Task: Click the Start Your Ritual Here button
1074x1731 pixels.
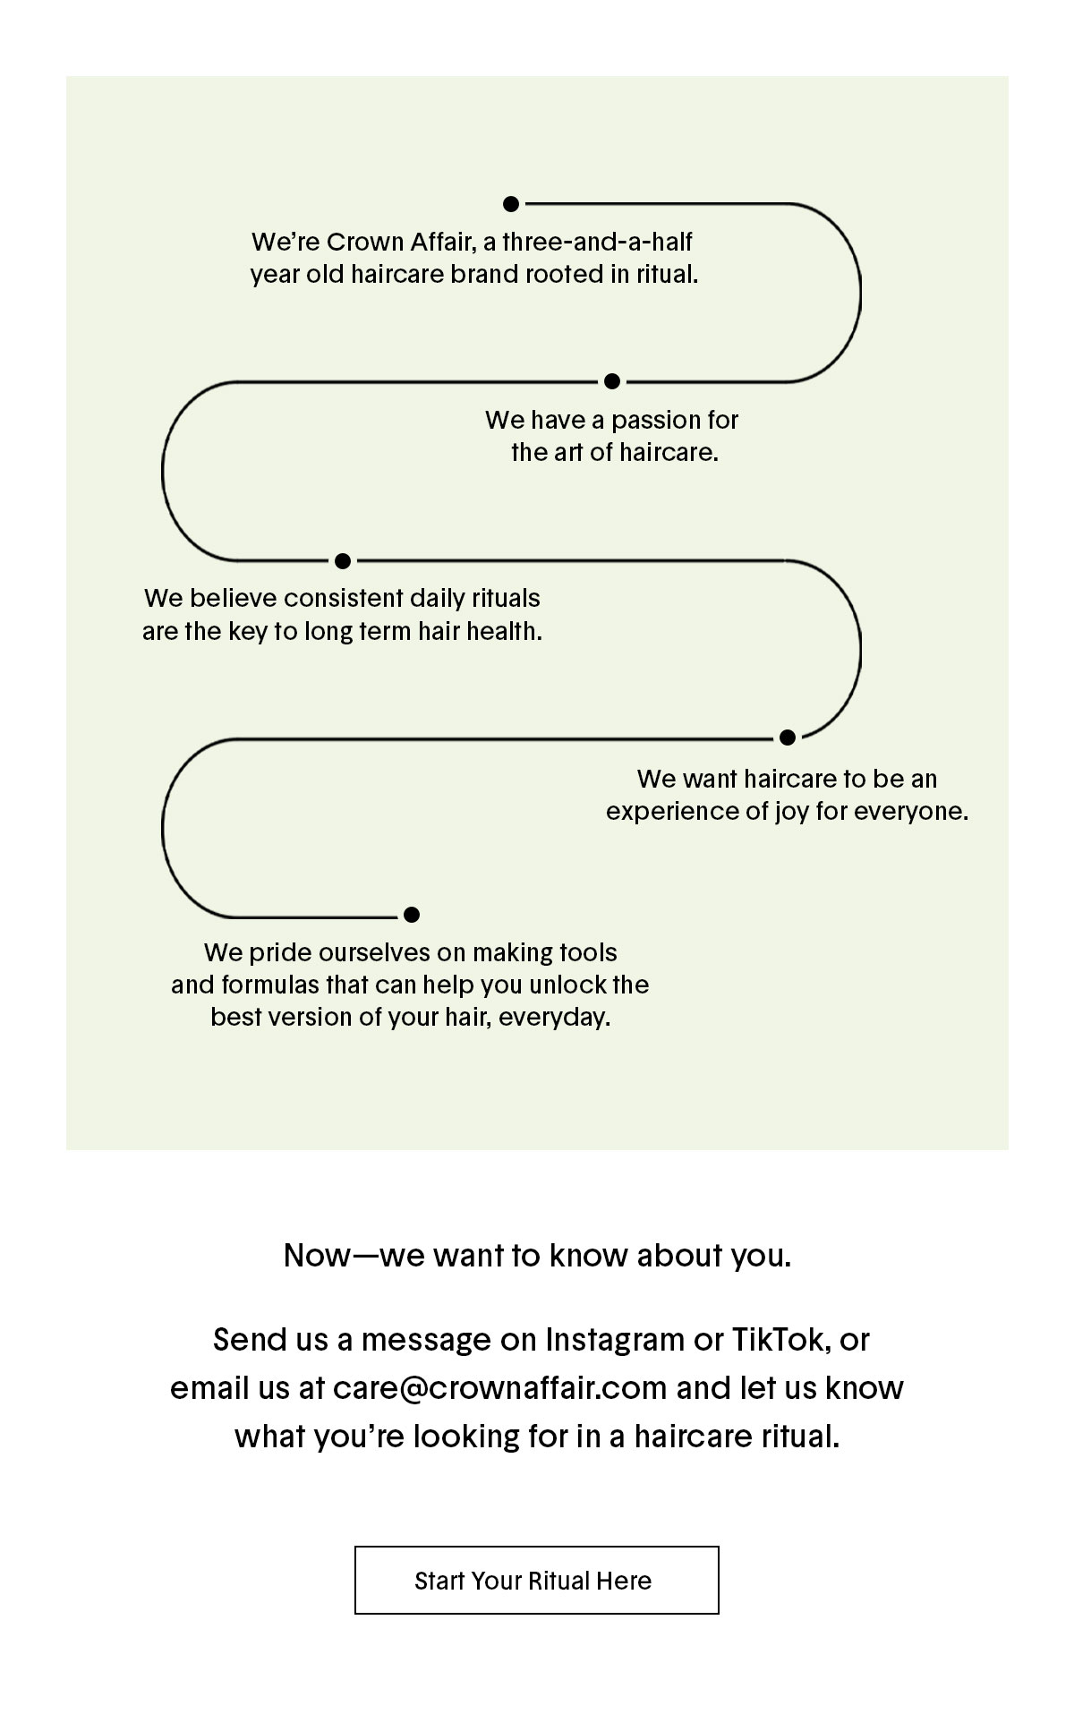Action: point(537,1580)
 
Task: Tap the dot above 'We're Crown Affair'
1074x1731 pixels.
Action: point(511,204)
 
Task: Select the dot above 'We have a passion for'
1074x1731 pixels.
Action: point(612,381)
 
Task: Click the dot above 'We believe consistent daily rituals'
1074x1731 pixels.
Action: point(342,561)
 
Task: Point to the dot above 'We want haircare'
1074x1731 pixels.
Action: point(788,738)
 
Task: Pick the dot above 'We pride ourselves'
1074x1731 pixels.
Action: point(412,915)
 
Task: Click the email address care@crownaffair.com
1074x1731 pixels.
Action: point(500,1388)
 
